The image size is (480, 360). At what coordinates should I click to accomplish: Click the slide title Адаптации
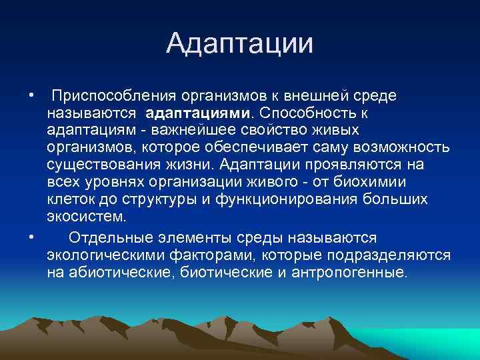239,45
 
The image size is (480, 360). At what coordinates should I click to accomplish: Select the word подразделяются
396,255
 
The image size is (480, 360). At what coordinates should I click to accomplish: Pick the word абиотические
123,273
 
